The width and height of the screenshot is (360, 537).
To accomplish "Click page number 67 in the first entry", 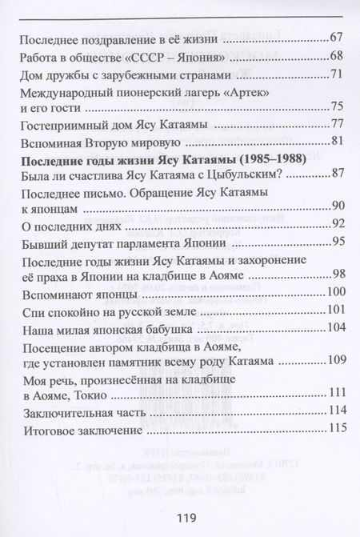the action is coord(335,39).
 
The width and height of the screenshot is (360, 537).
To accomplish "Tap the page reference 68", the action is coord(335,55).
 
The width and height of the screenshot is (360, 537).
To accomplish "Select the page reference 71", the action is coord(335,74).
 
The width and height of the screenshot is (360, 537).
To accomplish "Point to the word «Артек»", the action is coord(226,92).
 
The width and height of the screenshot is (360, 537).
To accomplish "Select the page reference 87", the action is coord(335,174).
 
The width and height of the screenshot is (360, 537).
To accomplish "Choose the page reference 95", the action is coord(335,242).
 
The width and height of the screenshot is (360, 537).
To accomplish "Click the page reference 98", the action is coord(335,277).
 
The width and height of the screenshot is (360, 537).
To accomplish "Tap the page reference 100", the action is coord(334,294).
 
